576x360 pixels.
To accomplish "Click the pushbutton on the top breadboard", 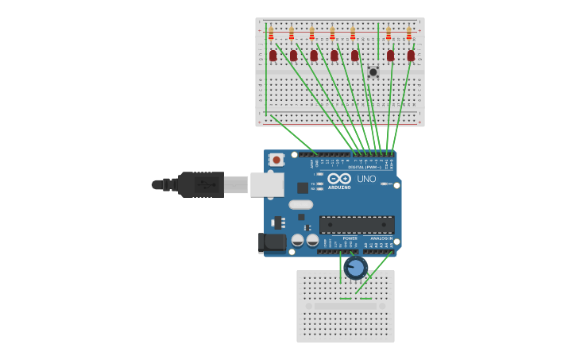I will (373, 72).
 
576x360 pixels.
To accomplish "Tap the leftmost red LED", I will (273, 56).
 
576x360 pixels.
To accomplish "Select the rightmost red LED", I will (411, 56).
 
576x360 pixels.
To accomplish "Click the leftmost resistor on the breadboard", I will (271, 34).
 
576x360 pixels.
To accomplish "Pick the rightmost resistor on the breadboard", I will (409, 34).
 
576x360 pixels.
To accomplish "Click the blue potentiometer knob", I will (356, 267).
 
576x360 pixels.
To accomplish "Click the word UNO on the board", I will (366, 179).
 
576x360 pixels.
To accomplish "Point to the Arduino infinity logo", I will (339, 179).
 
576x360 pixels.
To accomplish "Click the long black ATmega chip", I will (357, 225).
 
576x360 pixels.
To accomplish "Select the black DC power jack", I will (271, 243).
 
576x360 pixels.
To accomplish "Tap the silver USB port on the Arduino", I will (267, 184).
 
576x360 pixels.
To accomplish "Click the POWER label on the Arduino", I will (350, 238).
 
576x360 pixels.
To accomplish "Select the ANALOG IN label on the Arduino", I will (381, 238).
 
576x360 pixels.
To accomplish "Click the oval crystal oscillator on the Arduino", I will (301, 204).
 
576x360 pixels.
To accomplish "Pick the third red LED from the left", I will (314, 56).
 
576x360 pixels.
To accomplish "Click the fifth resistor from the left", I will (353, 34).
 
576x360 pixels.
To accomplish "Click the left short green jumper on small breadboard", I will (346, 299).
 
